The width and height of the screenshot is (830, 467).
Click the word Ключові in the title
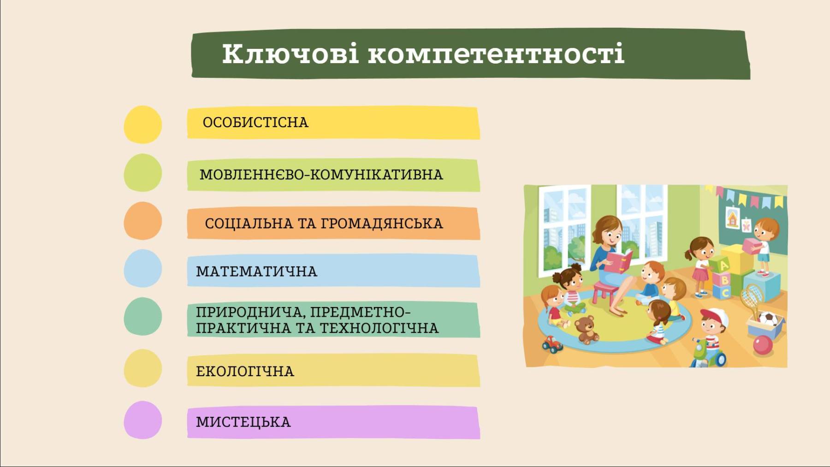(x=290, y=54)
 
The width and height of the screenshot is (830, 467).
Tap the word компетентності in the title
(x=496, y=54)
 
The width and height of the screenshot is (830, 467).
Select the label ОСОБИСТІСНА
(x=255, y=122)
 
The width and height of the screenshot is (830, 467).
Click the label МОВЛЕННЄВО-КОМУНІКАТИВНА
(x=321, y=175)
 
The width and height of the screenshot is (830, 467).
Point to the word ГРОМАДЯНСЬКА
(x=382, y=224)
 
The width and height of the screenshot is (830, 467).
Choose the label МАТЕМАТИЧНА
(x=257, y=271)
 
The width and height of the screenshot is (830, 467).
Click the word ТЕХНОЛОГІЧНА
(x=379, y=328)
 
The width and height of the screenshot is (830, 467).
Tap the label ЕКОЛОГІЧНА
(x=245, y=371)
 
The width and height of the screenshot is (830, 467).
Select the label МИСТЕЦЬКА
(x=243, y=422)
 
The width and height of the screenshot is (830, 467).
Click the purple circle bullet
(x=143, y=420)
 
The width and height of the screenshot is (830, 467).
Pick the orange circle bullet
(x=143, y=221)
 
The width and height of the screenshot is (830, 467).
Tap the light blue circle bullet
(x=143, y=269)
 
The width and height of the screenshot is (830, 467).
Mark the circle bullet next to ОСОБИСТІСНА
(x=143, y=124)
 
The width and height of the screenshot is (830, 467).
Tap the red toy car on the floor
(x=552, y=344)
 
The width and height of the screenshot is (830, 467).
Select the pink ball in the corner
(x=763, y=345)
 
